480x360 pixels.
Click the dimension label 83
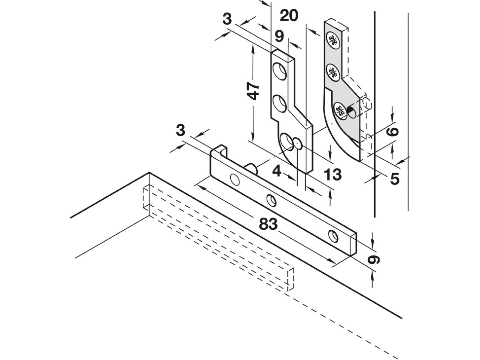tap(268, 224)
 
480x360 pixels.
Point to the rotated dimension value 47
tap(253, 91)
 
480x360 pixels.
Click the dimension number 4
tap(277, 171)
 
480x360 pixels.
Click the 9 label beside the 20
tap(279, 36)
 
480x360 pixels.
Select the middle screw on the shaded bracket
tap(333, 72)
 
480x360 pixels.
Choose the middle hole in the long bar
tap(272, 201)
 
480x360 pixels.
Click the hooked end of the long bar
tap(219, 151)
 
